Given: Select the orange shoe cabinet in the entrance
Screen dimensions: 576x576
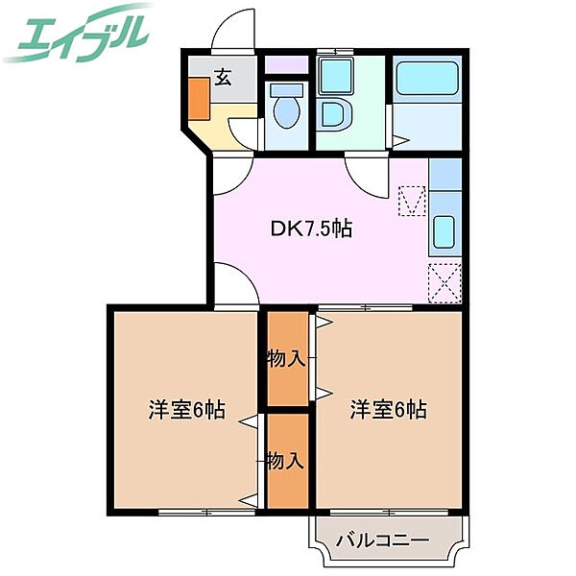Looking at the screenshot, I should tap(199, 98).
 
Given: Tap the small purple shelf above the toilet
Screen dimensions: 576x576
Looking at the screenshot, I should tap(285, 66).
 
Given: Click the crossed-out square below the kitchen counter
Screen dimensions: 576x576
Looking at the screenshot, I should tap(444, 282).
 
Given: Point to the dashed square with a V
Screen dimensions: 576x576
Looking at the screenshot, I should tap(412, 202).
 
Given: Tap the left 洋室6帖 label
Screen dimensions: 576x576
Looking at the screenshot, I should tap(186, 410).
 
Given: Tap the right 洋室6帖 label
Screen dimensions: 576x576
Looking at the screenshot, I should tap(388, 410).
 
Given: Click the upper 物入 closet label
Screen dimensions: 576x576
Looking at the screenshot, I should tap(286, 359).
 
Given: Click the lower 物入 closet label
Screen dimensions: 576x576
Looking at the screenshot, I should tap(286, 461).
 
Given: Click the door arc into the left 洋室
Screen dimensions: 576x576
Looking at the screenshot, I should tap(234, 287).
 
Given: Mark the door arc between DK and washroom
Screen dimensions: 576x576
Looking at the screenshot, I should tap(366, 174).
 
